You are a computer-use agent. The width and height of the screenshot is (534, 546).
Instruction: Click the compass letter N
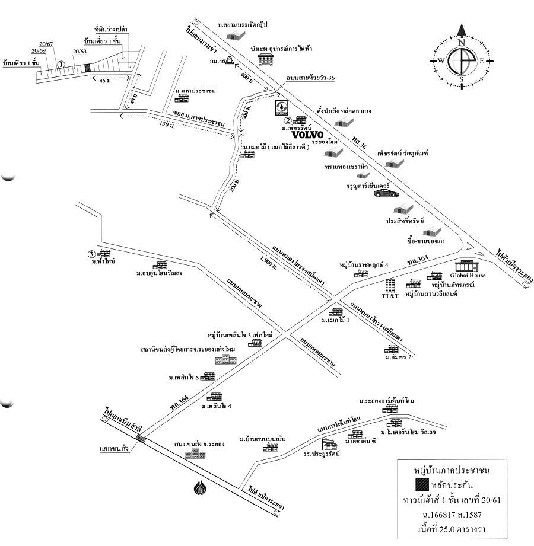[461, 43]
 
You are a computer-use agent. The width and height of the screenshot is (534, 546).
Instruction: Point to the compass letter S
[461, 79]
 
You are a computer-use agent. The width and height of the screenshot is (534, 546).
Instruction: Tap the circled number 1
[61, 64]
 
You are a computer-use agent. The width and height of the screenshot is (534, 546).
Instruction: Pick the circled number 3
[91, 254]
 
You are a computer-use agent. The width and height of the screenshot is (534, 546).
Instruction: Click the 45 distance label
[105, 80]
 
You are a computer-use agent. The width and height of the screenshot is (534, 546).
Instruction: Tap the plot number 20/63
[80, 52]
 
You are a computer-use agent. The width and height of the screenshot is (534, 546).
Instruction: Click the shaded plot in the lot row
[87, 67]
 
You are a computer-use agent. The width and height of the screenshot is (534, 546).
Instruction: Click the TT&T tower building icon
[389, 284]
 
